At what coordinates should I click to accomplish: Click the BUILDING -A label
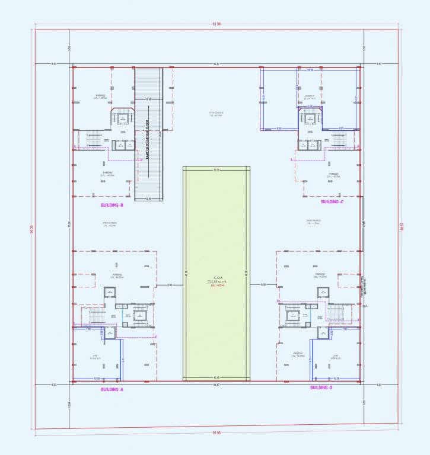pos(112,389)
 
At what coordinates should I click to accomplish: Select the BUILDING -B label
pos(112,205)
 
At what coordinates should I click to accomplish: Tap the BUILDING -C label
pos(332,202)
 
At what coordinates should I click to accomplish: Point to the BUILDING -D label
pos(321,387)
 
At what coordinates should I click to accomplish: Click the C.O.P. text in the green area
pos(217,277)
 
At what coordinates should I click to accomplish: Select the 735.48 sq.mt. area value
pos(217,281)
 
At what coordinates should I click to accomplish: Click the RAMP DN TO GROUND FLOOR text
pos(147,139)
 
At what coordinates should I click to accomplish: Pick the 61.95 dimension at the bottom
pos(215,433)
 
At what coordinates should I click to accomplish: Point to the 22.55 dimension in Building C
pos(310,70)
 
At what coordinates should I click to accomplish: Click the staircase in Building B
pos(95,139)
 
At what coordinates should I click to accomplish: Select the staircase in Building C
pos(338,139)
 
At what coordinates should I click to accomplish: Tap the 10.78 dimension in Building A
pos(97,379)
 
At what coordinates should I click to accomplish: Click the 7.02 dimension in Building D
pos(344,329)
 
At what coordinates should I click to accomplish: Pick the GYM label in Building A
pos(94,356)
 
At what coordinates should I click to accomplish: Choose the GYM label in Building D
pos(335,356)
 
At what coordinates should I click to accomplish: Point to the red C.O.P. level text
pos(217,286)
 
